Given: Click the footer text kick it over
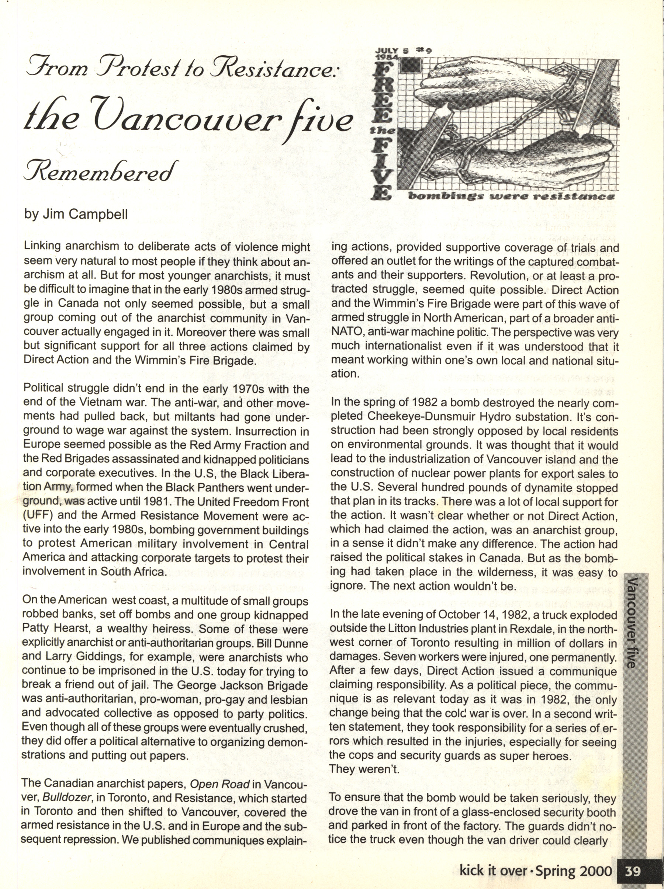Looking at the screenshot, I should (x=493, y=871).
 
